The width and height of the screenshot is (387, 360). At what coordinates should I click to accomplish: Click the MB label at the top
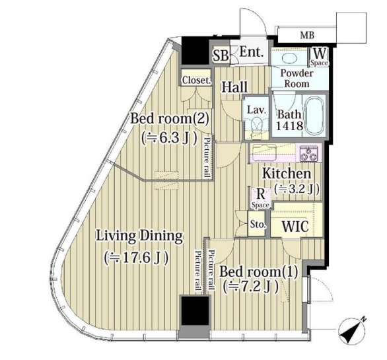tap(307, 35)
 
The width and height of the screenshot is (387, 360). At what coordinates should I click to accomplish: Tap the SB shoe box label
tap(221, 55)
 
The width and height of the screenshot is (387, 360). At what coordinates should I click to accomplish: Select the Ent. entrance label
tap(251, 52)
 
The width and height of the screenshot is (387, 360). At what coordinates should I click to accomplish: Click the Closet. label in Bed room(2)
tap(197, 80)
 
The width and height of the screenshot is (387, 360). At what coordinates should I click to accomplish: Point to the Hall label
tap(234, 87)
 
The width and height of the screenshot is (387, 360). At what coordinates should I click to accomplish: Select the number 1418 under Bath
tap(289, 126)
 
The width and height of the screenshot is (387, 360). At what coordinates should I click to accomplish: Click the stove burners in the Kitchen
tap(308, 153)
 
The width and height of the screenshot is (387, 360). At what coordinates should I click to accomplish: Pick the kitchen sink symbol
tap(264, 153)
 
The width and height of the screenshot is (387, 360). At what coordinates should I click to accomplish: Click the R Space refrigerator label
tap(260, 198)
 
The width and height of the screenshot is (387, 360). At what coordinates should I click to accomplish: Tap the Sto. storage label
tap(258, 225)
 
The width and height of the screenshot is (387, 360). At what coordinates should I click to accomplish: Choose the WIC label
tap(295, 226)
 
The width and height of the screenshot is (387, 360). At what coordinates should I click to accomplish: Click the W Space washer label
tap(320, 57)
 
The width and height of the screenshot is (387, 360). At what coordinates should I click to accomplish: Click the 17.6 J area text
tap(136, 258)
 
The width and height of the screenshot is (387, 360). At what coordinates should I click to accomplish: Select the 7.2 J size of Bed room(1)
tap(251, 287)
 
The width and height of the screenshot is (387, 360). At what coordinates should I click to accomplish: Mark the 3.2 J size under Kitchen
tap(297, 190)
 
